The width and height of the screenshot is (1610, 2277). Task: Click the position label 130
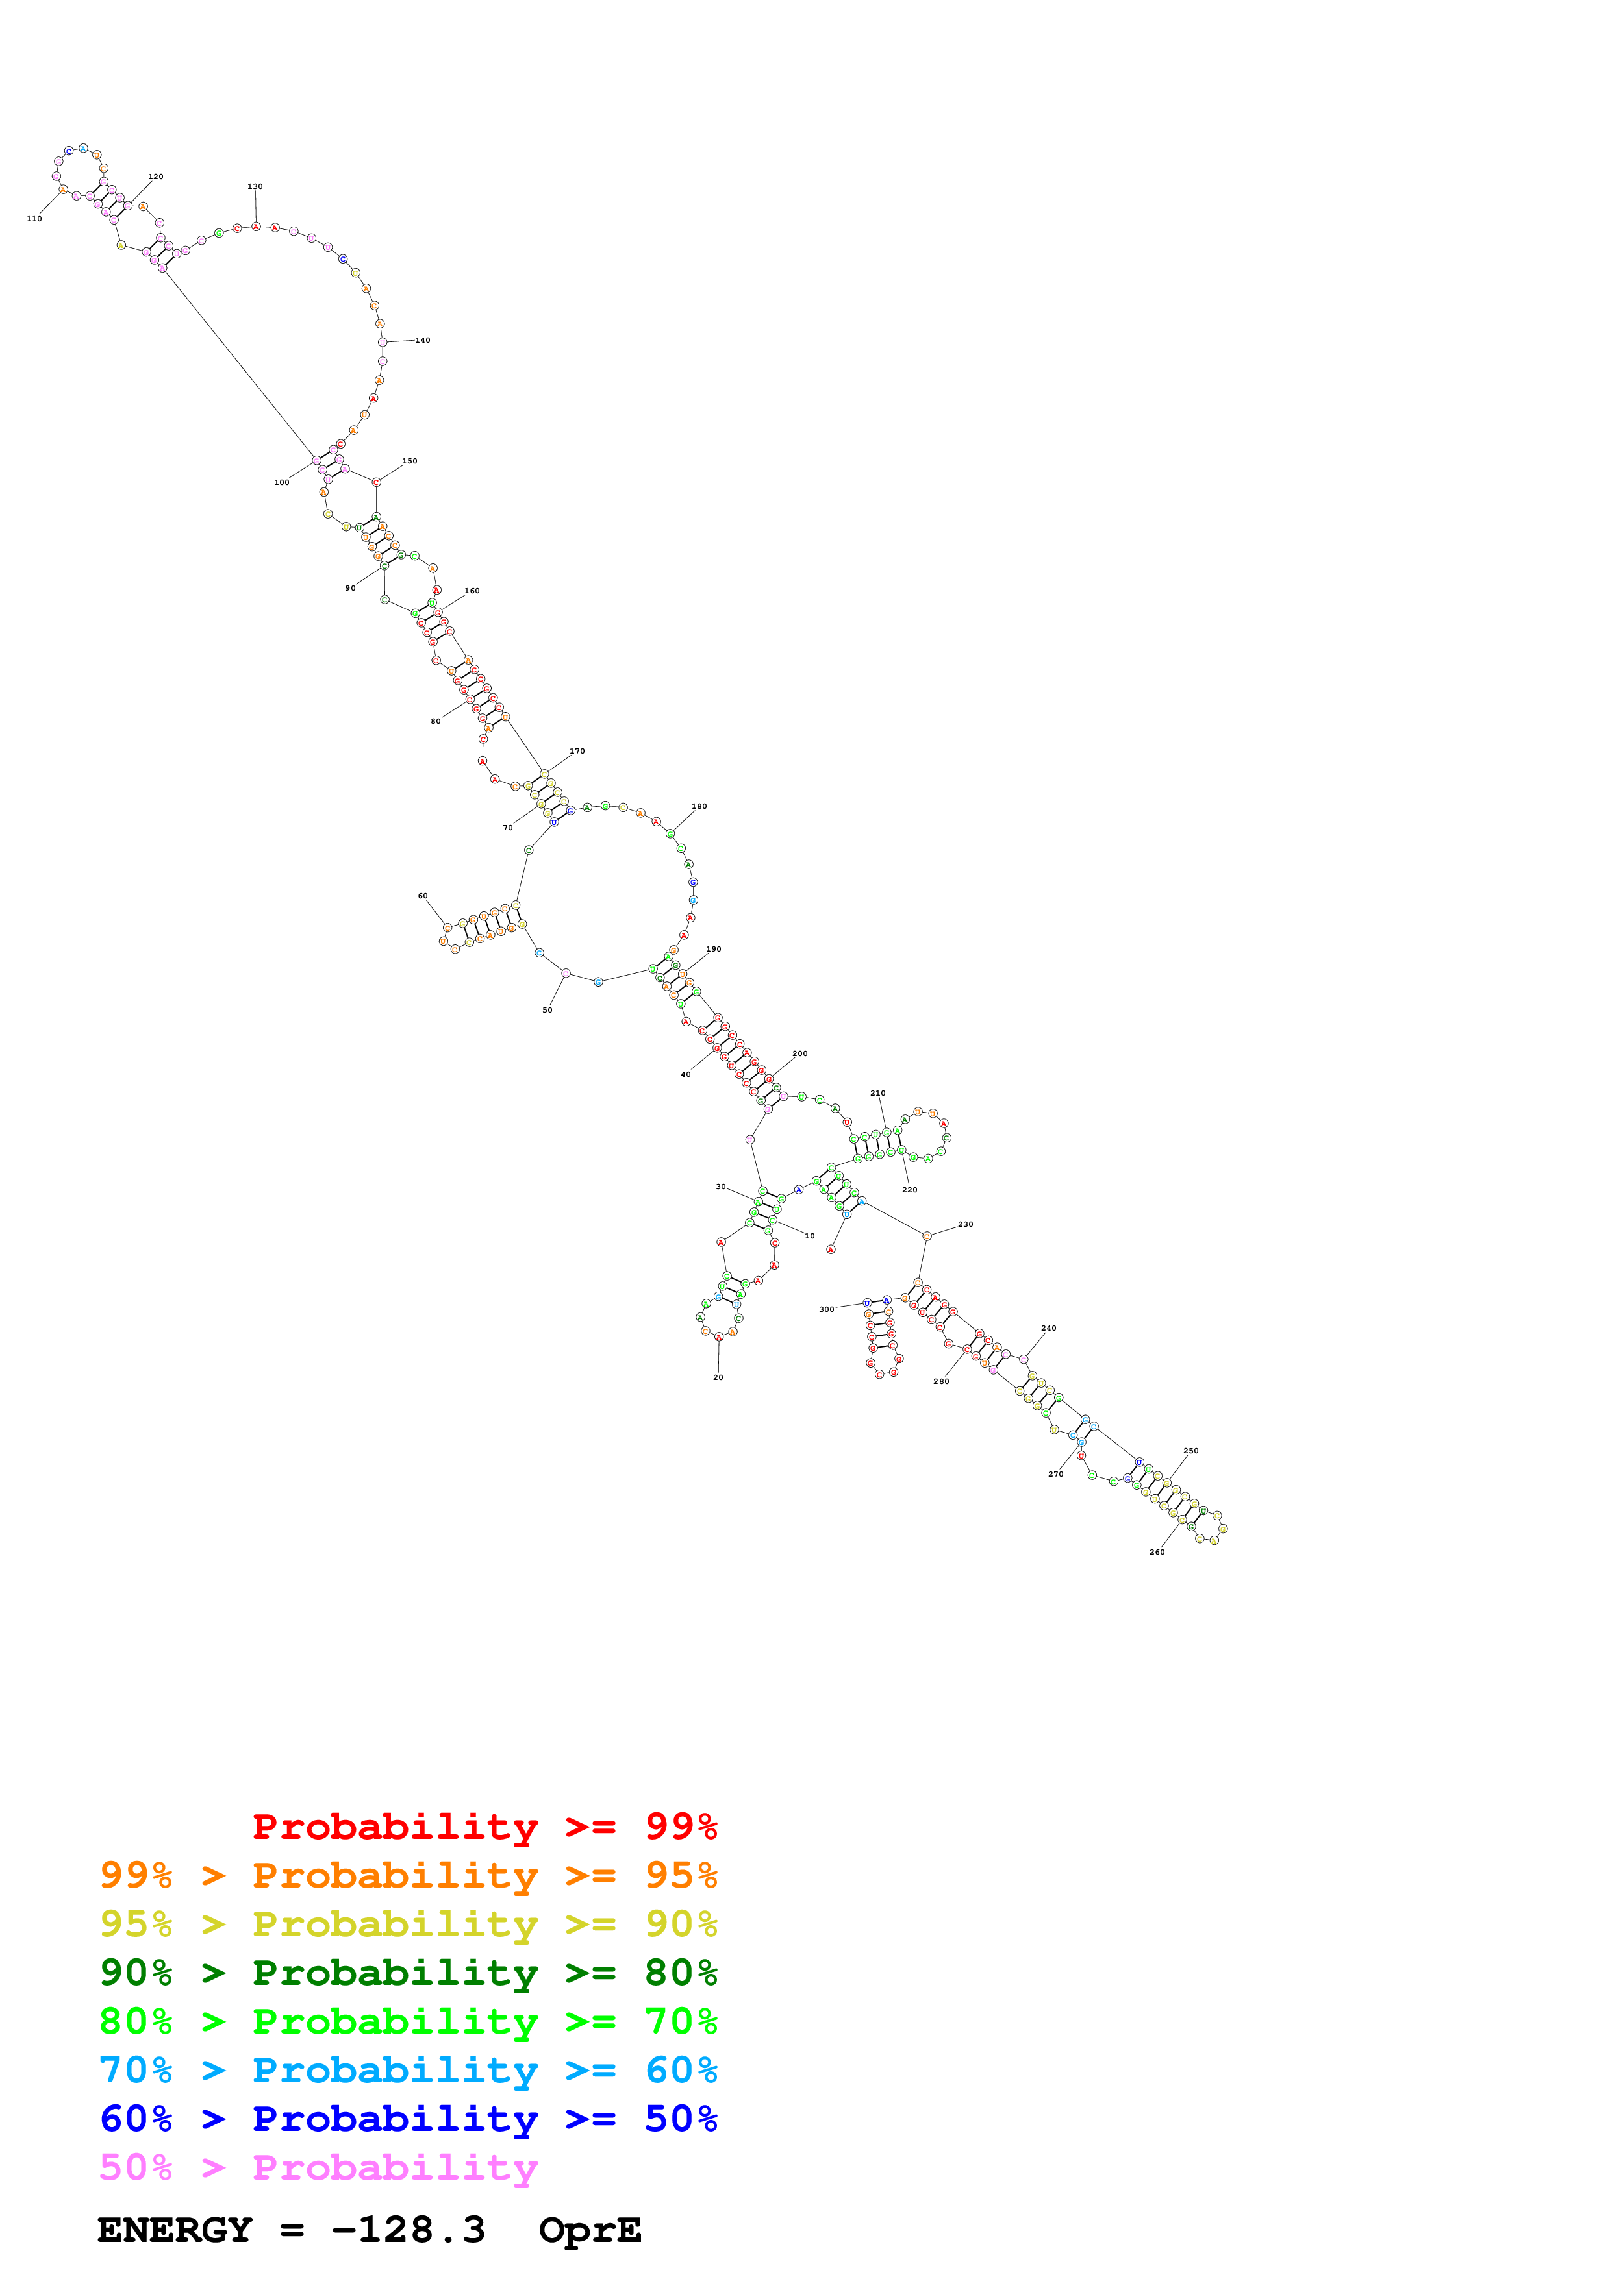tap(255, 186)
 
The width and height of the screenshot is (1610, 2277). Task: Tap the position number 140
tap(423, 340)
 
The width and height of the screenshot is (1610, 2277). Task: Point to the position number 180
tap(699, 806)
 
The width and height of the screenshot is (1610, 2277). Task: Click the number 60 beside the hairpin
tap(423, 896)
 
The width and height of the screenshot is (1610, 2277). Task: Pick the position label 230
tap(965, 1224)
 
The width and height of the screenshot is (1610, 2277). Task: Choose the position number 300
tap(826, 1309)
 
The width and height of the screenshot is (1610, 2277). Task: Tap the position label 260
tap(1157, 1552)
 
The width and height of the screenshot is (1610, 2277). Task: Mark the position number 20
tap(718, 1377)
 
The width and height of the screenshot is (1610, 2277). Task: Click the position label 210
tap(878, 1093)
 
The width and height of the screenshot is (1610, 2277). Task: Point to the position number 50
tap(547, 1009)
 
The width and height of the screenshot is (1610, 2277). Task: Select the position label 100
tap(282, 482)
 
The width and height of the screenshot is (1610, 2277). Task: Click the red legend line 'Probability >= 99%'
tap(484, 1827)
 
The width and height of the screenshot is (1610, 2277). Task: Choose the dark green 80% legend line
tap(409, 1973)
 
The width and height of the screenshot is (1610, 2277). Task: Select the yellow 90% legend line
tap(409, 1924)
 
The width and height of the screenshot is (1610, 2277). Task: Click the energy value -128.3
tap(409, 2230)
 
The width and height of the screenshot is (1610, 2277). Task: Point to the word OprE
tap(590, 2230)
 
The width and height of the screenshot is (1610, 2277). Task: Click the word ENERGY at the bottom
tap(175, 2230)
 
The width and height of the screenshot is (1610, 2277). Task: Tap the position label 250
tap(1190, 1451)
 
